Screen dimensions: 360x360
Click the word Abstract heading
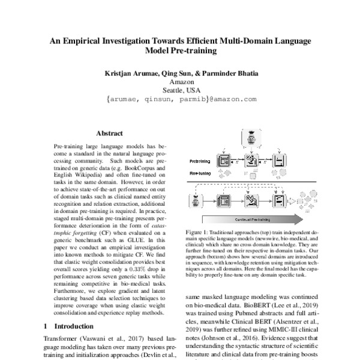109,133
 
